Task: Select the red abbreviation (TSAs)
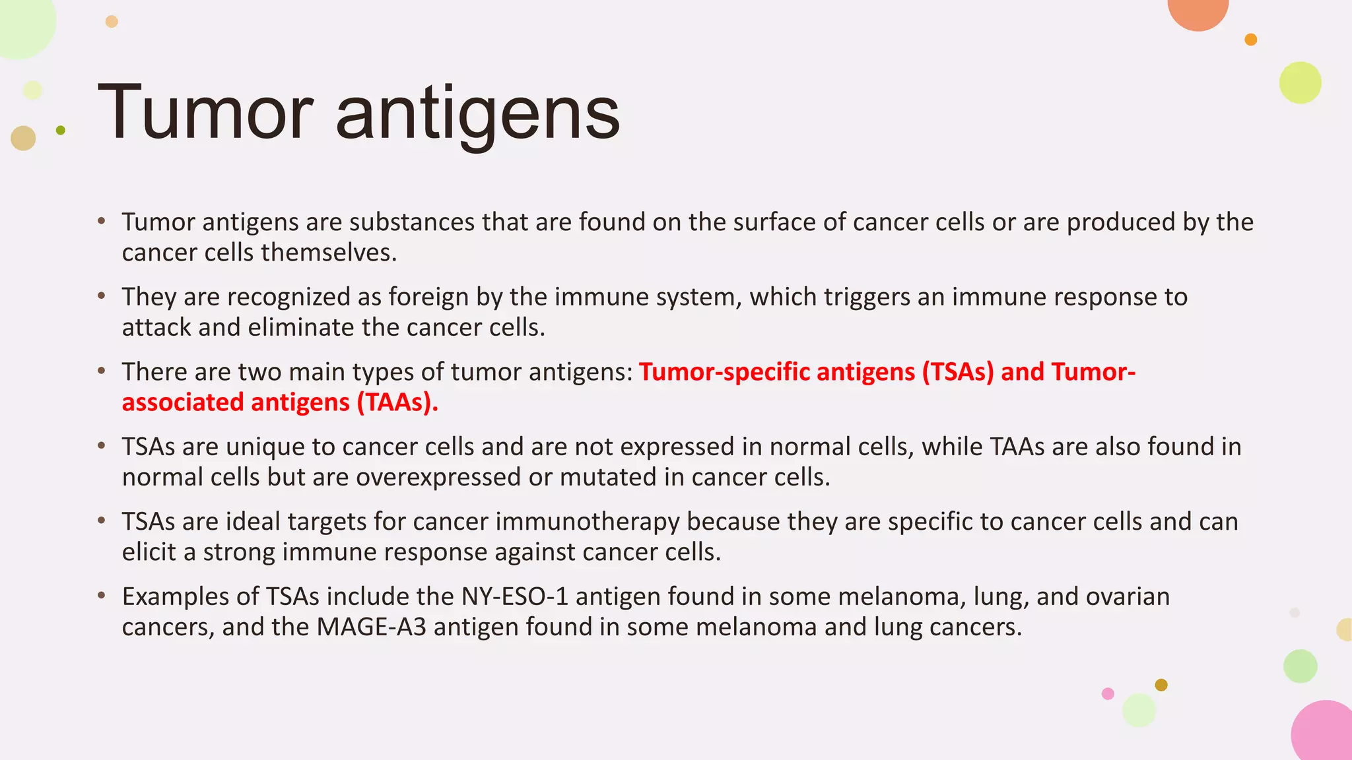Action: pyautogui.click(x=958, y=372)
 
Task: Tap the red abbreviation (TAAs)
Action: pyautogui.click(x=397, y=402)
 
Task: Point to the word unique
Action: pyautogui.click(x=265, y=447)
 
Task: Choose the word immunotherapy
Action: pyautogui.click(x=588, y=522)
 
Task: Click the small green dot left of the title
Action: pyautogui.click(x=61, y=131)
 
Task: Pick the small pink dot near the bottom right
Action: pyautogui.click(x=1108, y=693)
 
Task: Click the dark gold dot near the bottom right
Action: pyautogui.click(x=1161, y=685)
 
